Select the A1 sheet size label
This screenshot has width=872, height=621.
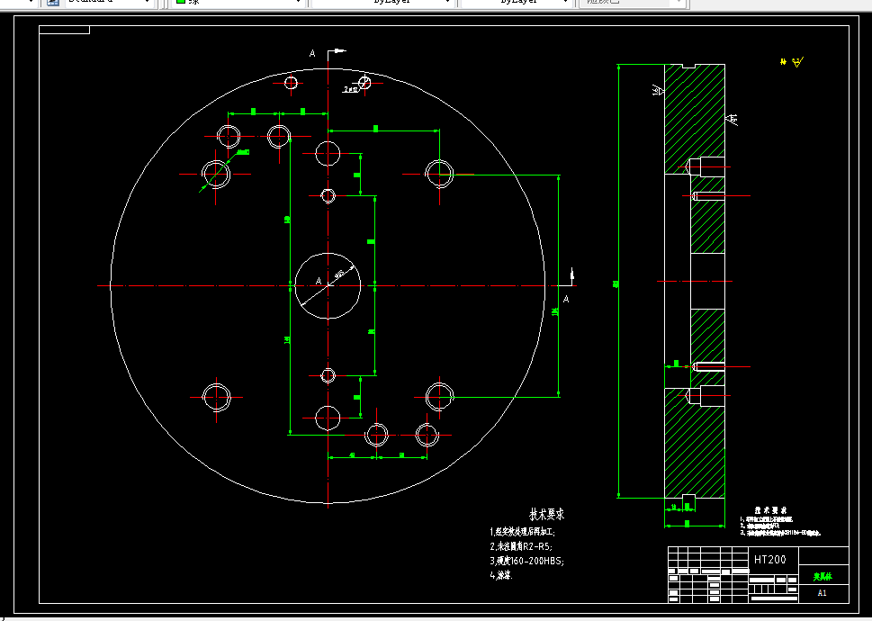coord(822,593)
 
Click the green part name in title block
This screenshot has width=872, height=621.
coord(823,575)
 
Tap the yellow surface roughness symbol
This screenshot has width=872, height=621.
coord(794,62)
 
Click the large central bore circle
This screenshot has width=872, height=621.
coord(328,285)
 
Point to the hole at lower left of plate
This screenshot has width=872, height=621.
coord(217,396)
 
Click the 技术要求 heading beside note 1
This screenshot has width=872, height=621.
coord(546,515)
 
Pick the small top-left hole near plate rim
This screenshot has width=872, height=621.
coord(291,83)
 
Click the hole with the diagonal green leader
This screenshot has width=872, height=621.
coord(216,171)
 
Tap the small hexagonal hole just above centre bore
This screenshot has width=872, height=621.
coord(328,195)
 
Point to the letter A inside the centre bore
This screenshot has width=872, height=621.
coord(318,282)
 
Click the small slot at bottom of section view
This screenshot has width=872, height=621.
coord(690,499)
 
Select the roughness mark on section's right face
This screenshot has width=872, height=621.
coord(732,118)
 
